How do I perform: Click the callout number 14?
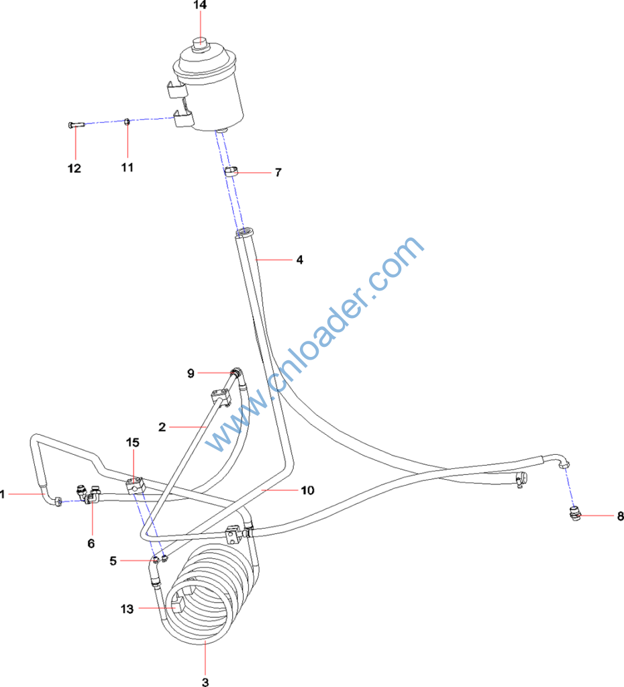pos(200,5)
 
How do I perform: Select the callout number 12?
pos(74,168)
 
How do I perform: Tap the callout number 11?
pos(127,167)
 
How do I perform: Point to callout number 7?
pos(277,172)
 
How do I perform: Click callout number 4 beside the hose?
pos(300,259)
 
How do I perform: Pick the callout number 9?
pos(191,372)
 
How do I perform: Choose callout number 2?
pos(162,426)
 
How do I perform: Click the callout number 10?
pos(307,490)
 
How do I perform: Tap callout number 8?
pos(620,516)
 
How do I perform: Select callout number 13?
pos(127,609)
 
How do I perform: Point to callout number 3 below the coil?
pos(205,682)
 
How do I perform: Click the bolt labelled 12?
pos(75,124)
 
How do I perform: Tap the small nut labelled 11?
pos(126,121)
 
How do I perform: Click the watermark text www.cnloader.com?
pos(315,346)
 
